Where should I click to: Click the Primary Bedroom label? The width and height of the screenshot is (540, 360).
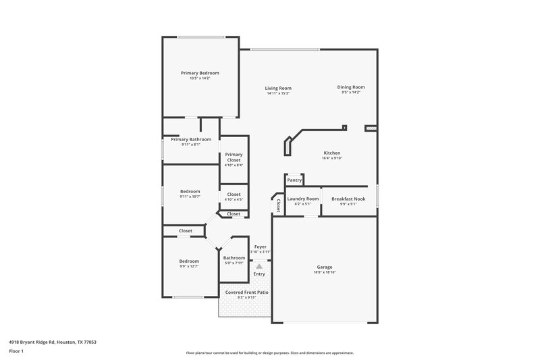pos(200,73)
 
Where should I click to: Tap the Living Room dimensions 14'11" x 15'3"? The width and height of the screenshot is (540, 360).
pos(278,93)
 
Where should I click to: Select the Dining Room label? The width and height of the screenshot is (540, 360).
pos(351,87)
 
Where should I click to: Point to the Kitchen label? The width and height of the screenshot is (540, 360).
pos(331,153)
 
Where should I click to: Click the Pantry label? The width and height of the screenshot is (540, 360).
pos(294,180)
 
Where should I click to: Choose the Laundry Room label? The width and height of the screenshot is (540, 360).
pos(302,199)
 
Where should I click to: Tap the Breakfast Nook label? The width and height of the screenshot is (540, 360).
pos(349,199)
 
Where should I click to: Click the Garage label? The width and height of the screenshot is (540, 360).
pos(325,267)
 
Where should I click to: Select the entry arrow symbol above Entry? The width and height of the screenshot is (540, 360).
pos(259,267)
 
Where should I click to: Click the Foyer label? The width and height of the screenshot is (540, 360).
pos(260,247)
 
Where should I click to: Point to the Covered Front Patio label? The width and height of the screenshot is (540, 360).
pos(246,292)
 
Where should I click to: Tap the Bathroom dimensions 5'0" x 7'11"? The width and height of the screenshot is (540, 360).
pos(234,263)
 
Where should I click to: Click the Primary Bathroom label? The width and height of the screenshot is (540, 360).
pos(190,139)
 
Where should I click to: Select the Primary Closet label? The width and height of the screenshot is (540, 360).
pos(234,157)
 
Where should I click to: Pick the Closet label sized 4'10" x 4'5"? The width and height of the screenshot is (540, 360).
pos(234,200)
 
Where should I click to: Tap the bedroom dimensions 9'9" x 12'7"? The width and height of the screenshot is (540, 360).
pos(189,266)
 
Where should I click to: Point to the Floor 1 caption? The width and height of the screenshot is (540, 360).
pos(17,352)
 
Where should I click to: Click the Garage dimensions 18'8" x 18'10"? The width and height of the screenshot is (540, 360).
pos(325,272)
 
